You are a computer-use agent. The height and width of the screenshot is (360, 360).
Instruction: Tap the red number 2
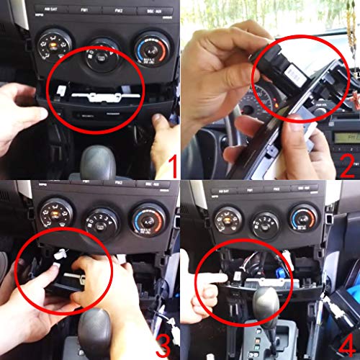tap(348, 166)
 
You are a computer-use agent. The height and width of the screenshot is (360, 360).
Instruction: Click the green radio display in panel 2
tap(343, 137)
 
